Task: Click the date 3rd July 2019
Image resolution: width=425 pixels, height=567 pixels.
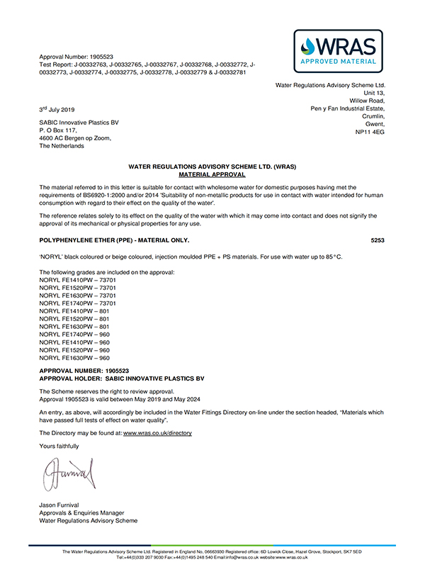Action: pos(57,109)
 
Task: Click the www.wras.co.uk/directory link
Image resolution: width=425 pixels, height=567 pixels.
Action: pos(157,432)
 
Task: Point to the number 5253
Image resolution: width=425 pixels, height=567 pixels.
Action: pos(378,240)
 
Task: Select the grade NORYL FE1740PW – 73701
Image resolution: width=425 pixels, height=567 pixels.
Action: pos(76,303)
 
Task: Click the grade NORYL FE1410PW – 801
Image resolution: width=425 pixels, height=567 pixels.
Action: pos(72,310)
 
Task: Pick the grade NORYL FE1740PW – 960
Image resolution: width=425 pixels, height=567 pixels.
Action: pos(72,334)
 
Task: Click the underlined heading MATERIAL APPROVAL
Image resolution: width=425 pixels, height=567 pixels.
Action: pos(212,174)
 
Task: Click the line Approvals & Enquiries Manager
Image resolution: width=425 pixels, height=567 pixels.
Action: pos(81,512)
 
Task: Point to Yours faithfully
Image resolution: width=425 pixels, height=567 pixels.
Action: pos(59,446)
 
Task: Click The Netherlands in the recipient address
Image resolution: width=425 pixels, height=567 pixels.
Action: pos(62,146)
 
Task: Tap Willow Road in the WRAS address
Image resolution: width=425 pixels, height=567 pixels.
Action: pos(367,101)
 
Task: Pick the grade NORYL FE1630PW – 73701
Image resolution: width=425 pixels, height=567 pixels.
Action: pos(76,295)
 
